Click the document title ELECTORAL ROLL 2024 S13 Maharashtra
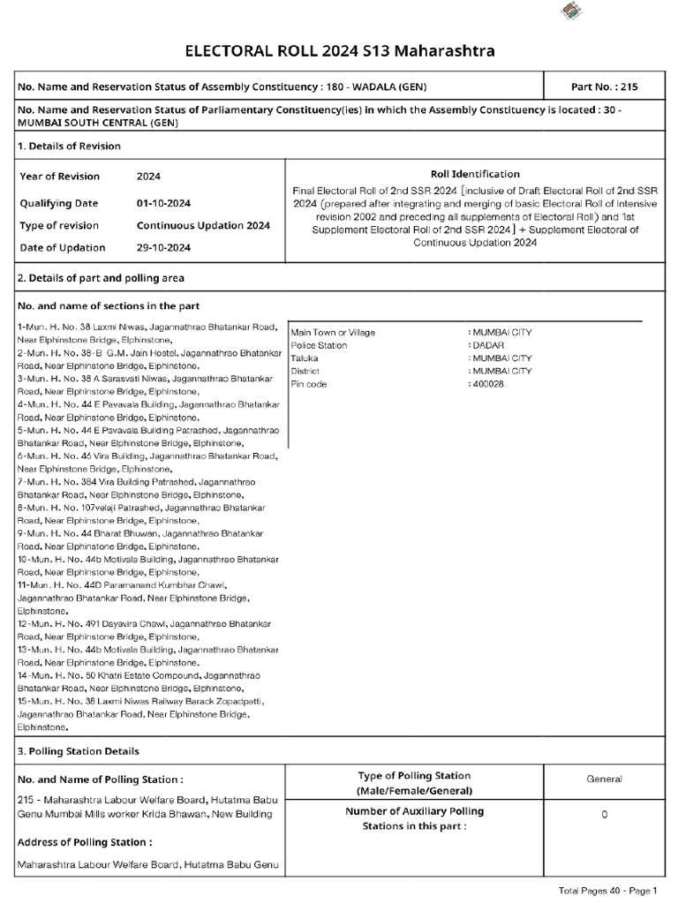tap(339, 51)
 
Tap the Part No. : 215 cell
tap(605, 87)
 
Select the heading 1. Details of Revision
tap(69, 146)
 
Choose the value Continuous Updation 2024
tap(203, 225)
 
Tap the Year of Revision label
tap(60, 177)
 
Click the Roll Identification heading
tap(475, 174)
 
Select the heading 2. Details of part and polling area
tap(101, 278)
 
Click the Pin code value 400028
tap(488, 385)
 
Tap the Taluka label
tap(305, 359)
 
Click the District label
tap(305, 372)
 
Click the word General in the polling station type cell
tap(604, 779)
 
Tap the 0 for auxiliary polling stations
tap(604, 815)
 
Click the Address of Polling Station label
tap(84, 842)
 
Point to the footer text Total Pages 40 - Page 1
tap(608, 891)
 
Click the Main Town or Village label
tap(333, 333)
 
